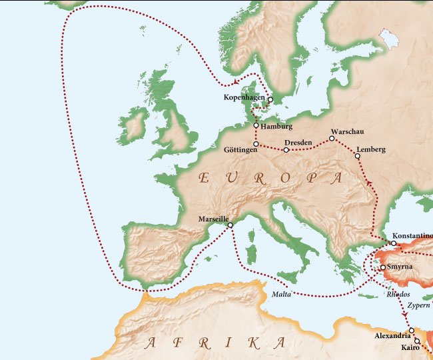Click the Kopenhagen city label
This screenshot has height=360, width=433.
tap(244, 99)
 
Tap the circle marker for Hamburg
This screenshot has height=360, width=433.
tap(256, 125)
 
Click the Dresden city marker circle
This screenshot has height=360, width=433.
tap(286, 150)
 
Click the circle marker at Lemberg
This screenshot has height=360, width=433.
tap(357, 156)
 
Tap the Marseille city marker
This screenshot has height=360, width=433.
tap(230, 225)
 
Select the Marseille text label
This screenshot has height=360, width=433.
tap(214, 219)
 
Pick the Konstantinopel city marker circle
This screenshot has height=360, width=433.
tap(394, 243)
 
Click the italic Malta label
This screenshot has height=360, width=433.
tap(282, 294)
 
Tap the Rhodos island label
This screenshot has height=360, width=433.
tap(398, 294)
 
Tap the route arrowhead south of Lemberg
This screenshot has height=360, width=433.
tap(368, 182)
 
